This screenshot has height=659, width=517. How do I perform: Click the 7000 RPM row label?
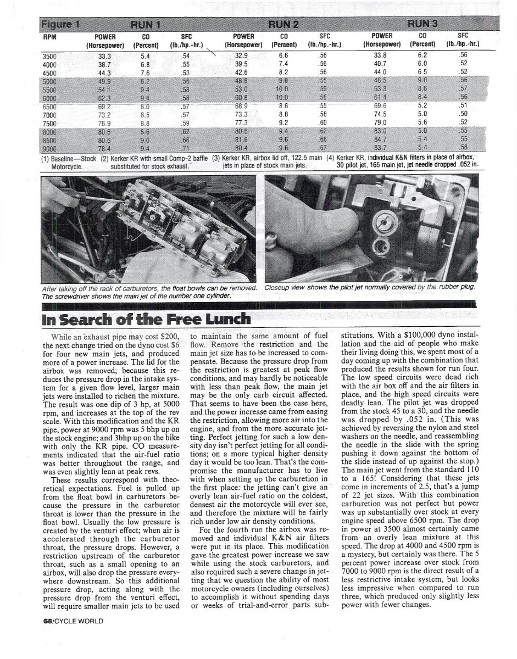click(x=51, y=115)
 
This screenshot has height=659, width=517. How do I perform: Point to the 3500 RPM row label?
click(x=51, y=55)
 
